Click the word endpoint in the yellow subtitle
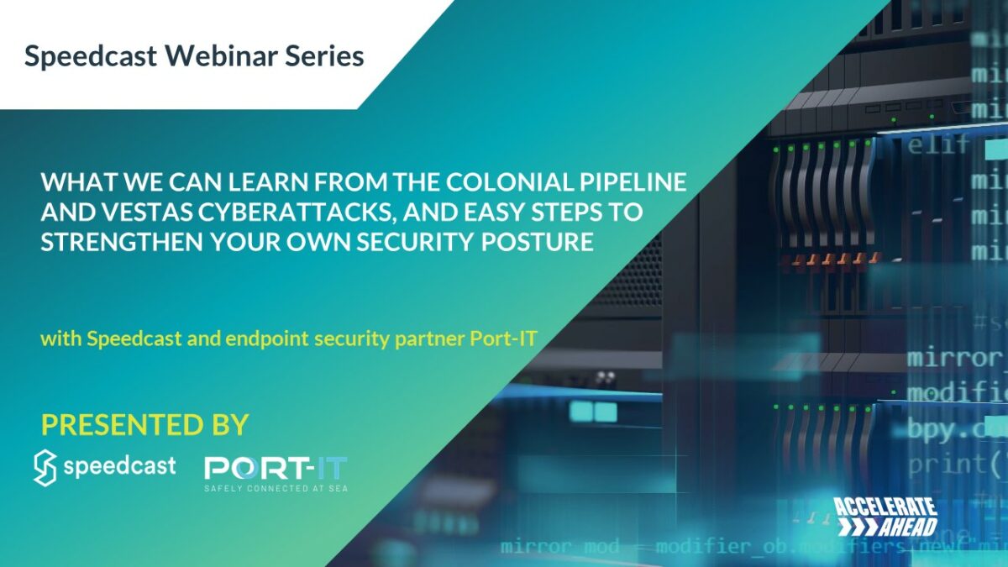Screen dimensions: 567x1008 point(289,340)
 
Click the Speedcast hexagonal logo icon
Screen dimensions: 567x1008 point(45,468)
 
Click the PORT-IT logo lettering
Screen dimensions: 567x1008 point(276,467)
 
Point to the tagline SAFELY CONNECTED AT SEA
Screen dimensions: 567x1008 point(276,488)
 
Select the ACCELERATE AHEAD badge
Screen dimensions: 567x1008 point(886,516)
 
